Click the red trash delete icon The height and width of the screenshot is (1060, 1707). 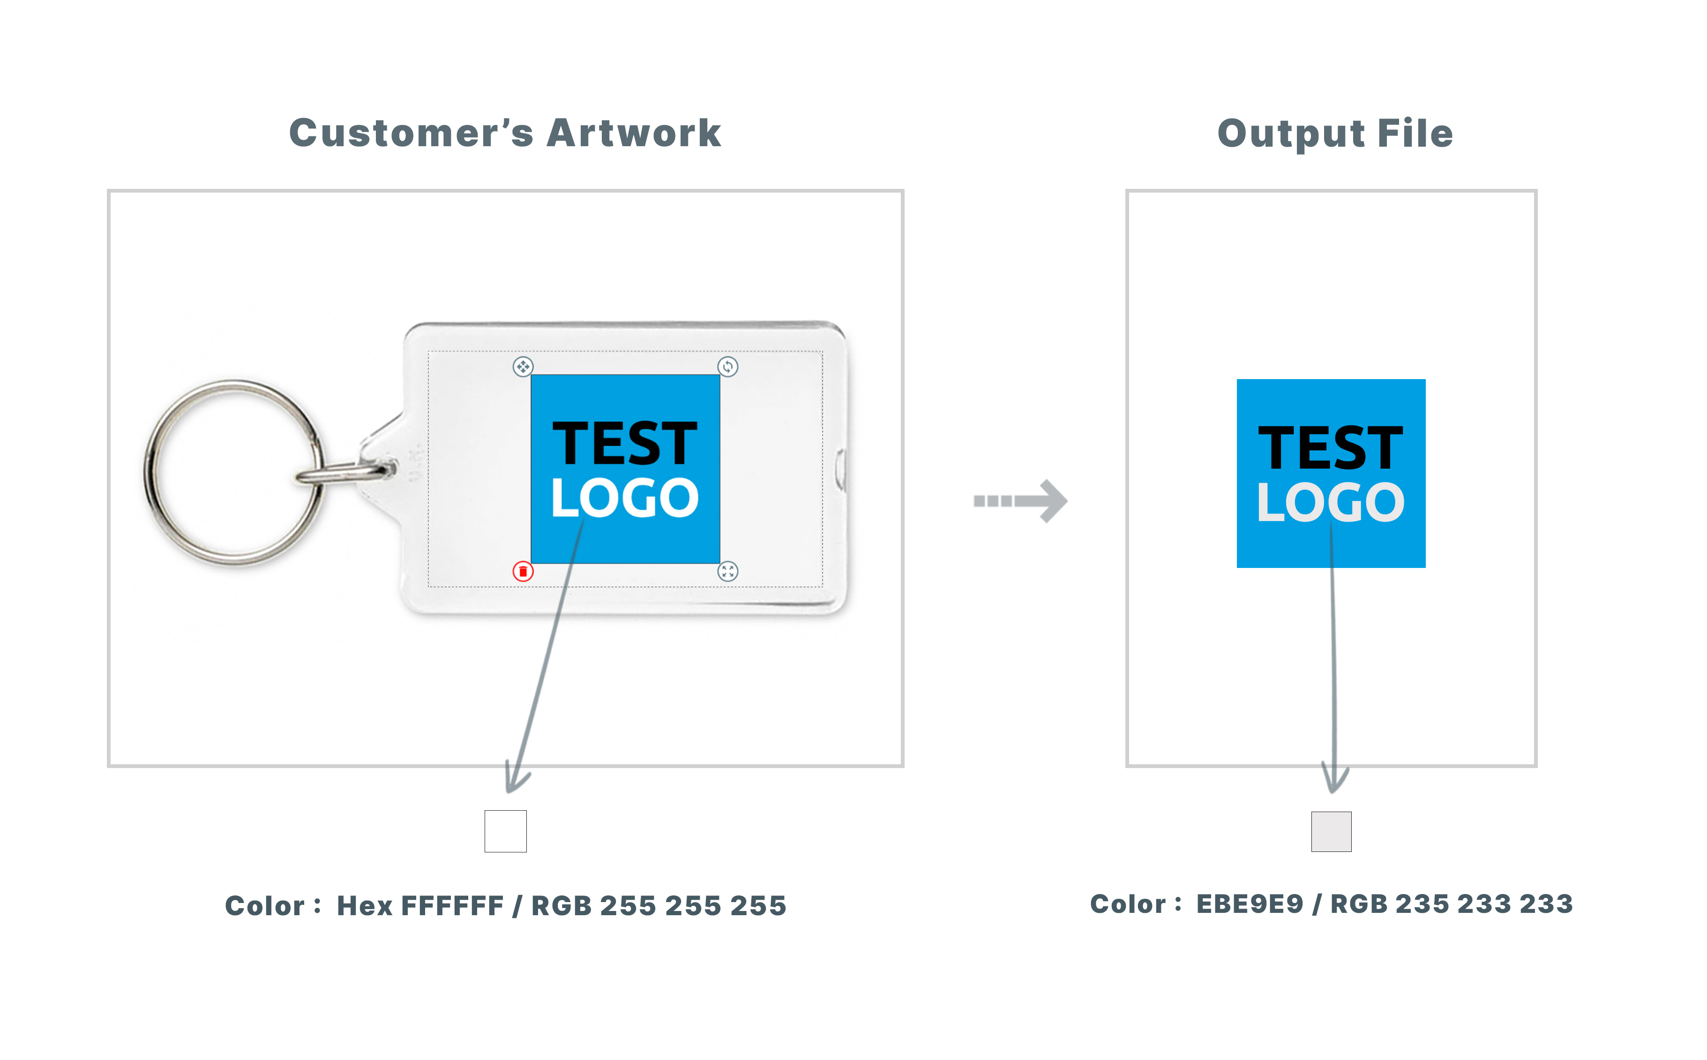pos(523,571)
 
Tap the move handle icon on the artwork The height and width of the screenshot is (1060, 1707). pos(523,366)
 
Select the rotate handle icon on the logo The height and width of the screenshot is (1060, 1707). pos(728,366)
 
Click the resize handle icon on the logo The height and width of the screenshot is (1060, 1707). pos(728,571)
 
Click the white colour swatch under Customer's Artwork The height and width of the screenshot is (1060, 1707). pos(505,831)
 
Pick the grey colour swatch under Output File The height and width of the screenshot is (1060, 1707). pos(1331,831)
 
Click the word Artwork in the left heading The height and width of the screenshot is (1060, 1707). pos(634,133)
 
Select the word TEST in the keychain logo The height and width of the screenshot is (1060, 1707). pos(625,444)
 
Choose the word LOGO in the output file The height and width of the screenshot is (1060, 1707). pos(1331,503)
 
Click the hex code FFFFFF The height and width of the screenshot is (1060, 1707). pos(452,906)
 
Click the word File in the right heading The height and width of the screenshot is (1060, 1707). pos(1415,133)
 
